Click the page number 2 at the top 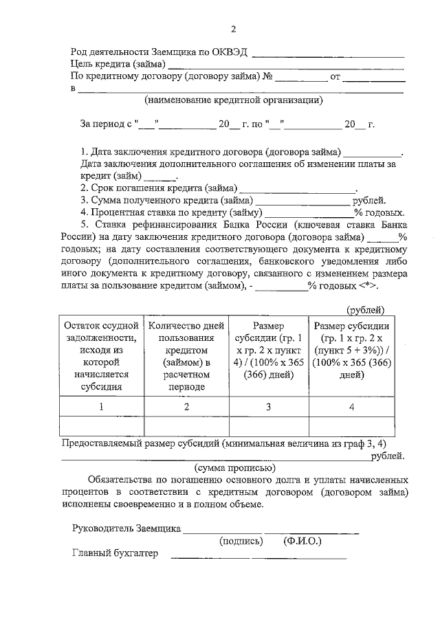pos(233,29)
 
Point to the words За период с pos(107,125)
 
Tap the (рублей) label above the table pos(366,310)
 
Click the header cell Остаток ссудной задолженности pos(101,355)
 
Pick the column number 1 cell pos(101,406)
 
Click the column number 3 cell pos(267,406)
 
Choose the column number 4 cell pos(351,406)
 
